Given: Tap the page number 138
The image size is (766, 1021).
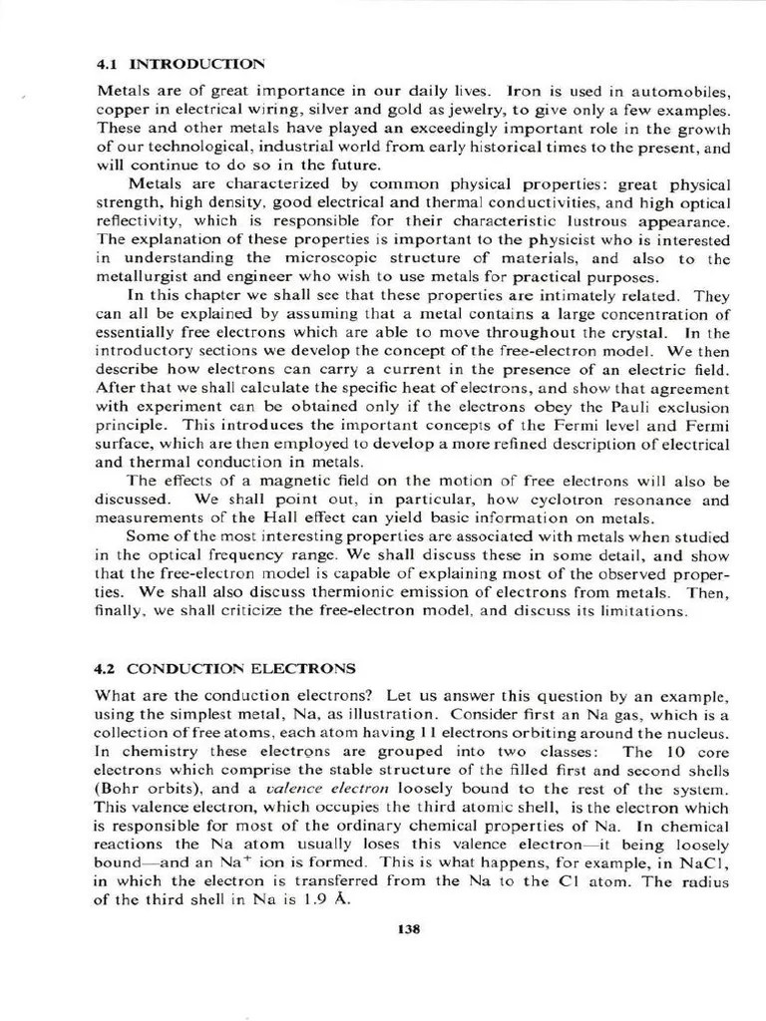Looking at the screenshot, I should [x=409, y=929].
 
